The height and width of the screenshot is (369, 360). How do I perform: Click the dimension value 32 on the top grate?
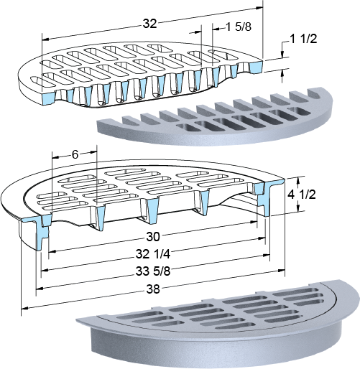click(x=149, y=24)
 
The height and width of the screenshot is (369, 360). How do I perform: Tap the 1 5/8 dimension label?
click(x=239, y=27)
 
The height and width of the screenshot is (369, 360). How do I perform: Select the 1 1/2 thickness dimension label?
click(x=303, y=39)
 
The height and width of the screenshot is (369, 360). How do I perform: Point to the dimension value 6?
click(x=75, y=155)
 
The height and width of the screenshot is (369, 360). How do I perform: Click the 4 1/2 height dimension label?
click(x=301, y=195)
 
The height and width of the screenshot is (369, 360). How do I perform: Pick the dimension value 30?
click(x=153, y=237)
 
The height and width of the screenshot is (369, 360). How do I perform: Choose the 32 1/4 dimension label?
click(x=153, y=254)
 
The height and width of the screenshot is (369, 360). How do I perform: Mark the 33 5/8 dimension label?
click(x=153, y=271)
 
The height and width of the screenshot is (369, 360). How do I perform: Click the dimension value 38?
click(x=153, y=289)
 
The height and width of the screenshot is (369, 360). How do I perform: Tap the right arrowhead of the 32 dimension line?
click(x=259, y=8)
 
